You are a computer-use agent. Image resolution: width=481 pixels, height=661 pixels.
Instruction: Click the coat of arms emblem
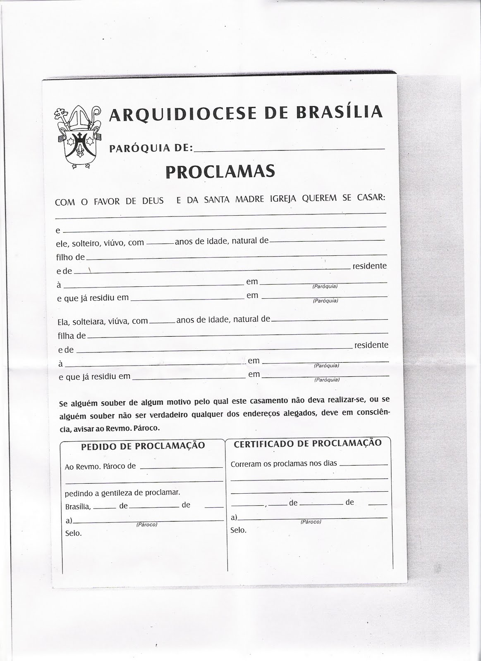pos(79,138)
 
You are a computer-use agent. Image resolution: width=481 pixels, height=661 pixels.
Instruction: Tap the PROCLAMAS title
pos(220,171)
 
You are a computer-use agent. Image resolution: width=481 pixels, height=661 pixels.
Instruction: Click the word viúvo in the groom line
pos(114,243)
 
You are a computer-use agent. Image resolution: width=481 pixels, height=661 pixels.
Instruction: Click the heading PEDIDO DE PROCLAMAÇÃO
pos(143,445)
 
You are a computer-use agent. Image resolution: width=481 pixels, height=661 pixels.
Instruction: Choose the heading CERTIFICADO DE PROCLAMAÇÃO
pos(308,443)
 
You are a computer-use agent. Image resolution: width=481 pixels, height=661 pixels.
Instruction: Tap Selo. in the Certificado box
pos(238,530)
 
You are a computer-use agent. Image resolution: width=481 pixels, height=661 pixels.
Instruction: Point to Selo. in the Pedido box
pos(74,533)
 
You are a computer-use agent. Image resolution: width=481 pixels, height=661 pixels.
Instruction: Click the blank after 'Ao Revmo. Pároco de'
pos(182,467)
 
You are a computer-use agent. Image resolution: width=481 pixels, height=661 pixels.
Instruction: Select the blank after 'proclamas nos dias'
pos(363,464)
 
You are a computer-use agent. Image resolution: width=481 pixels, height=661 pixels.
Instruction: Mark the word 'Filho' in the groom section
pos(65,257)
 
